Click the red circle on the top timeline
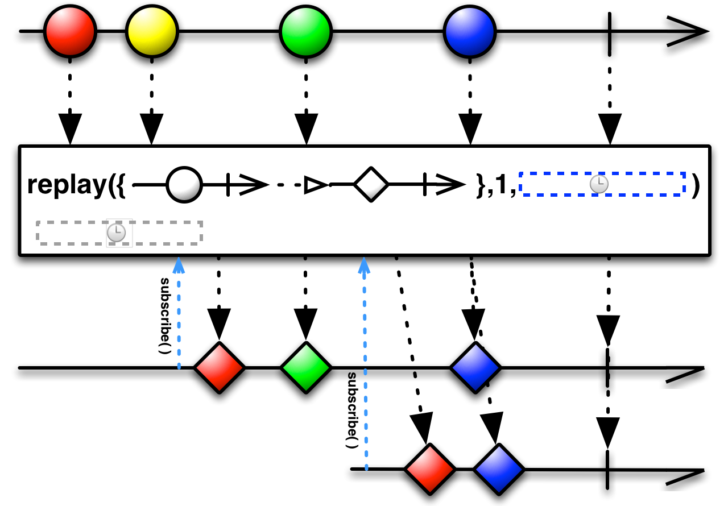(x=70, y=31)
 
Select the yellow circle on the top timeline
(x=152, y=31)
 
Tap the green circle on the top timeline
(x=306, y=31)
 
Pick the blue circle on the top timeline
(x=470, y=31)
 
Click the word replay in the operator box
(x=67, y=185)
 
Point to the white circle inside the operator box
(x=184, y=185)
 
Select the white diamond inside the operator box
(x=371, y=184)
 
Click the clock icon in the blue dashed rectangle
(x=599, y=184)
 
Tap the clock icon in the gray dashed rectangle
(x=116, y=233)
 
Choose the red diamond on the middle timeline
(x=220, y=368)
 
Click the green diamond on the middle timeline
(x=306, y=368)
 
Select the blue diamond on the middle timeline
(x=475, y=368)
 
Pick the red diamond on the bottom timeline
(x=430, y=469)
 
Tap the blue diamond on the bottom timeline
(x=499, y=469)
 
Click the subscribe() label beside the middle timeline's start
(x=165, y=316)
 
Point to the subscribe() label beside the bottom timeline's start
(x=352, y=410)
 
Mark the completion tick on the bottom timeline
(x=607, y=470)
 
